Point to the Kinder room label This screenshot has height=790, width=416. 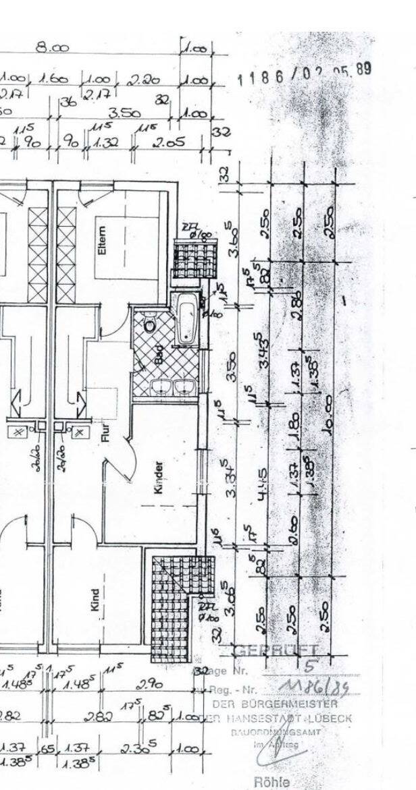tap(159, 478)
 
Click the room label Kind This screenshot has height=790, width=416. tap(95, 599)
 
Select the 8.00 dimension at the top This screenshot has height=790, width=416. tap(53, 47)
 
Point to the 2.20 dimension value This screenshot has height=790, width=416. tap(142, 80)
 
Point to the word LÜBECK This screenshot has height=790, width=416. tap(329, 718)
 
